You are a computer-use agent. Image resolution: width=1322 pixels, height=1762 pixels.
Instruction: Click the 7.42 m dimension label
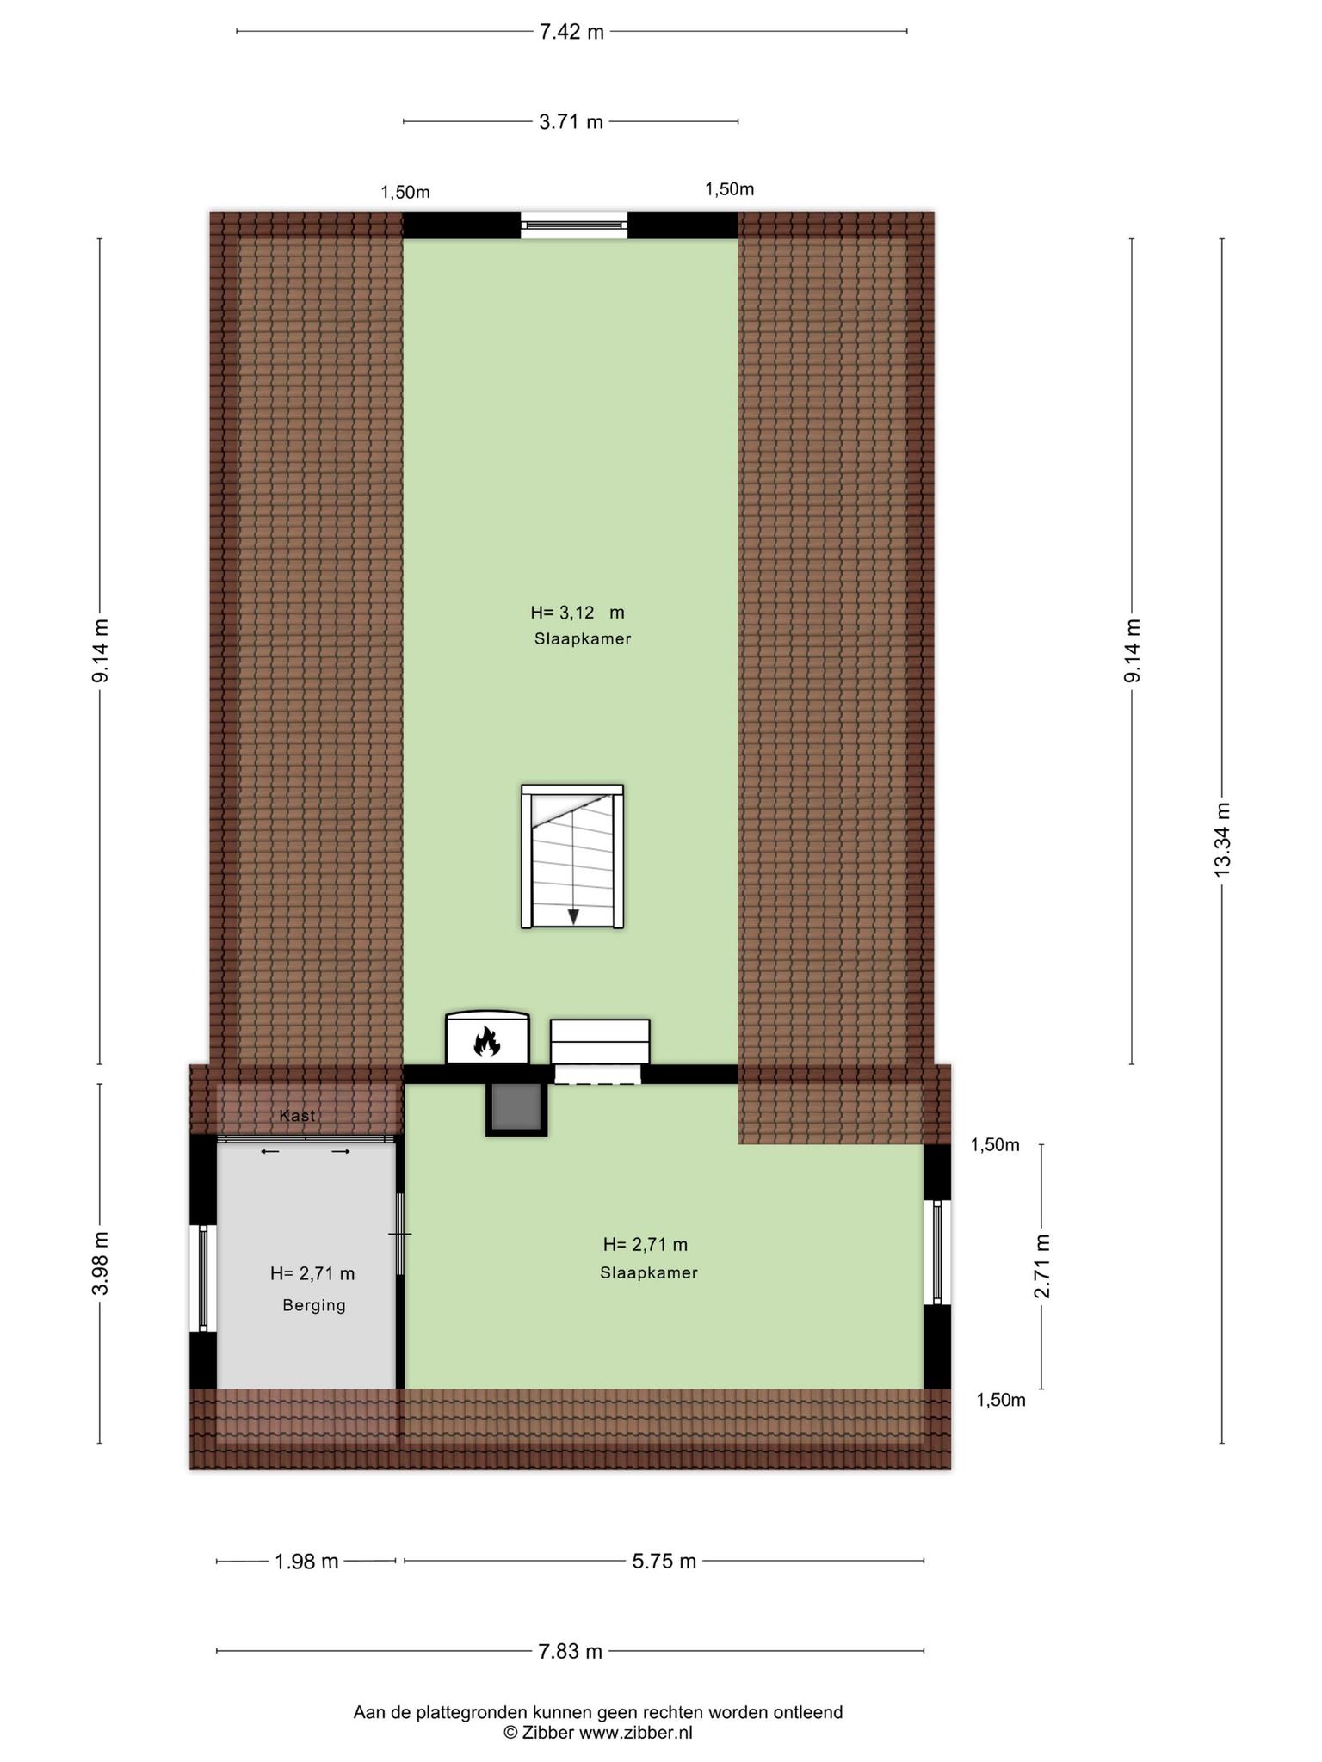[x=571, y=32]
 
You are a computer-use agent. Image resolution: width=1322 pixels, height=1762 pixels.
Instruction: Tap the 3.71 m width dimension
[x=571, y=122]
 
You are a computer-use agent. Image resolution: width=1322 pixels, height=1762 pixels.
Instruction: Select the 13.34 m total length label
[x=1222, y=839]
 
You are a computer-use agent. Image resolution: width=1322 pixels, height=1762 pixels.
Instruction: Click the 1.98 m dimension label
[x=306, y=1561]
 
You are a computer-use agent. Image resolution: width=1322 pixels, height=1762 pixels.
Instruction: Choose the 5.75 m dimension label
[x=664, y=1561]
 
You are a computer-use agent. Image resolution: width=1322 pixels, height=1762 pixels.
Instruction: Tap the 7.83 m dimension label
[x=570, y=1651]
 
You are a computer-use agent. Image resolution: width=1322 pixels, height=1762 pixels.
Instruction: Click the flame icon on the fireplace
[x=487, y=1042]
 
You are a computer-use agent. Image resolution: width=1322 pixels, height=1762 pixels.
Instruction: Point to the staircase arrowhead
[x=573, y=915]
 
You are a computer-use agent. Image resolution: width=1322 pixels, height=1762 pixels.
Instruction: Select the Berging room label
[x=314, y=1305]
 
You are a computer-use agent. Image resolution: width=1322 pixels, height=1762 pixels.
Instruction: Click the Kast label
[x=297, y=1115]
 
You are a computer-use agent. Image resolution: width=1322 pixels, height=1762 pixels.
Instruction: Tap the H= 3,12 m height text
[x=578, y=613]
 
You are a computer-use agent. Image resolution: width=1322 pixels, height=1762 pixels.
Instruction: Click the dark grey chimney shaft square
[x=516, y=1109]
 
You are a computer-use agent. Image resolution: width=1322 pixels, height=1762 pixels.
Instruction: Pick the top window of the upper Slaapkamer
[x=574, y=225]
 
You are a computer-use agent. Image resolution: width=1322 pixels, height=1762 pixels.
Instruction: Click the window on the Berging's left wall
[x=203, y=1278]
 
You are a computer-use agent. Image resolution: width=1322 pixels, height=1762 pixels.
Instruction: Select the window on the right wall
[x=937, y=1253]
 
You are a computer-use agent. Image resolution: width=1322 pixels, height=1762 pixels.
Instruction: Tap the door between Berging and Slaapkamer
[x=400, y=1234]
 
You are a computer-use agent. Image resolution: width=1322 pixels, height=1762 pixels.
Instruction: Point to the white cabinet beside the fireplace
[x=600, y=1042]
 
